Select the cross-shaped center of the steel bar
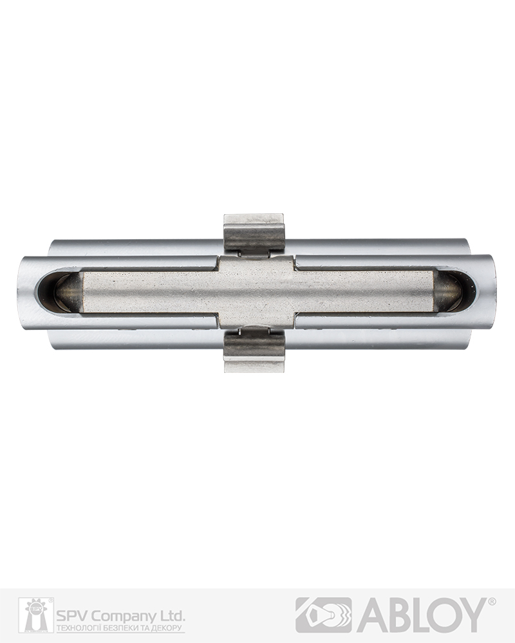tap(256, 291)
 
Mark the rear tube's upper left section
tap(136, 248)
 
